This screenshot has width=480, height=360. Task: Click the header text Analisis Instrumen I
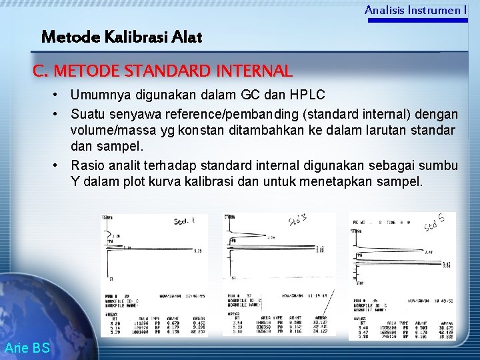coord(415,10)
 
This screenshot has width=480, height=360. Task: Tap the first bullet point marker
coord(59,95)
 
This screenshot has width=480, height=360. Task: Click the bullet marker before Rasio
coord(59,165)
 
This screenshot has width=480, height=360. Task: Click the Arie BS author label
coord(27,347)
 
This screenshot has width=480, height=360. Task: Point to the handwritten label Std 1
coord(185,221)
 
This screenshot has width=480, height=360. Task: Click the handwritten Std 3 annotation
coord(297,220)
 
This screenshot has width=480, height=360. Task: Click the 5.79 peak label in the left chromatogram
coord(197,251)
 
